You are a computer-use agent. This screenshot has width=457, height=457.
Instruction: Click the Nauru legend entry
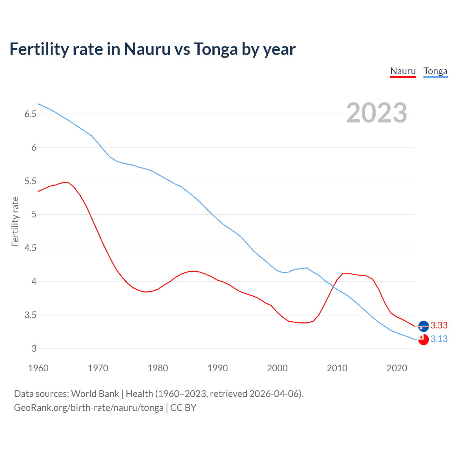403,71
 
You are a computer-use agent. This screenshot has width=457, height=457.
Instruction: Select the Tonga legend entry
435,71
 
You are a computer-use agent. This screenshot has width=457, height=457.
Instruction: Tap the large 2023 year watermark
376,113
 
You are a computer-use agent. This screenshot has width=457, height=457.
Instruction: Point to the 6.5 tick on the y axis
30,114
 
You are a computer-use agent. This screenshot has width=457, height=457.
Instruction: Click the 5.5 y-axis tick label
30,181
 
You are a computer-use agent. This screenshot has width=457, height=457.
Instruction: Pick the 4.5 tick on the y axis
30,248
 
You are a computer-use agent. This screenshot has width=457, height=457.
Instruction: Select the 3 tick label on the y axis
34,348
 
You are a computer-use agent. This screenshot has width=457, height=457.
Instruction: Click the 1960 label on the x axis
38,368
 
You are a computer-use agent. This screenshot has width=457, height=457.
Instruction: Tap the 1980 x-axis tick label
158,368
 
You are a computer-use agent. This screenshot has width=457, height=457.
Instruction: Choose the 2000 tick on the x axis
277,368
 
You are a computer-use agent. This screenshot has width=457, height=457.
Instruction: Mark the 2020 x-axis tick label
397,368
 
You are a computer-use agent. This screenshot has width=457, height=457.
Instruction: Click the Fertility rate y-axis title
15,221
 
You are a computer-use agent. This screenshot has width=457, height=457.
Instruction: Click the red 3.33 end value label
439,325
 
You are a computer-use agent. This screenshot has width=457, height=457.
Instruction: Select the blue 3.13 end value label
439,339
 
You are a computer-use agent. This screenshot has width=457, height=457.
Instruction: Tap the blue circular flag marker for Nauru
423,326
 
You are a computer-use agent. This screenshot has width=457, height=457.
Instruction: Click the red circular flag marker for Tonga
423,340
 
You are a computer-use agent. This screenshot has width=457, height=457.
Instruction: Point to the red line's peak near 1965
67,182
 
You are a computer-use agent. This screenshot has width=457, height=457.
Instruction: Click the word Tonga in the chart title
216,49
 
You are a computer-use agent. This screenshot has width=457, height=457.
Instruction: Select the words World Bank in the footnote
95,393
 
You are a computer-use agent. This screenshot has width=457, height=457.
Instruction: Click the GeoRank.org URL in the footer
89,407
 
